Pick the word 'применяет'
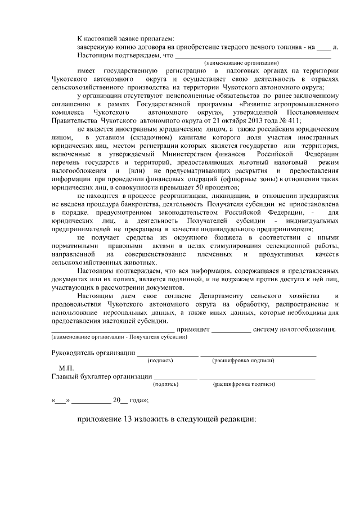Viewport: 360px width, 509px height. [x=193, y=329]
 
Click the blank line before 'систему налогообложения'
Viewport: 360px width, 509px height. [x=231, y=330]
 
